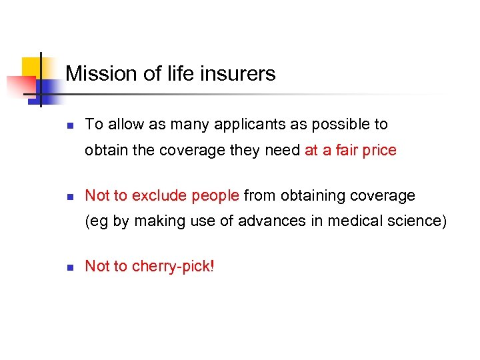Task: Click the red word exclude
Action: click(159, 195)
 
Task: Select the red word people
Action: click(215, 196)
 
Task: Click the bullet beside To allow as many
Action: click(70, 125)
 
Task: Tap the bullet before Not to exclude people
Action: click(70, 197)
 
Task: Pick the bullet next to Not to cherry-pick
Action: click(70, 267)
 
